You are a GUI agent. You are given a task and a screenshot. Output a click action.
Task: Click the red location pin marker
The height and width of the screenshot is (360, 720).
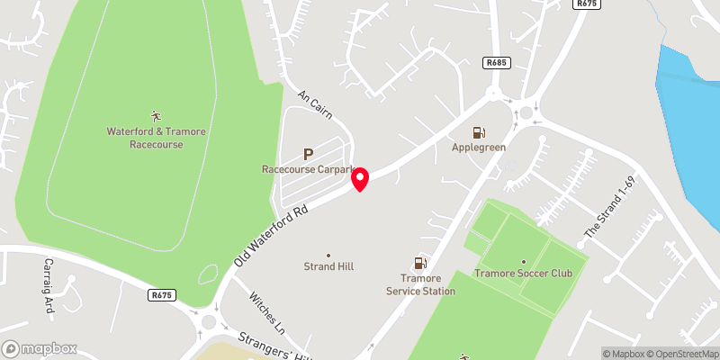pyautogui.click(x=360, y=178)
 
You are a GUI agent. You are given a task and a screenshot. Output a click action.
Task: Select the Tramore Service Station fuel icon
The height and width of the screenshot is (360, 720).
pyautogui.click(x=419, y=264)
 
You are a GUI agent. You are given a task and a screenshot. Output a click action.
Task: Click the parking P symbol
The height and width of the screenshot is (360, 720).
pyautogui.click(x=308, y=154)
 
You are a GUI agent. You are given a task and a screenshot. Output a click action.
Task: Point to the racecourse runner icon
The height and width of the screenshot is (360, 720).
pyautogui.click(x=156, y=115)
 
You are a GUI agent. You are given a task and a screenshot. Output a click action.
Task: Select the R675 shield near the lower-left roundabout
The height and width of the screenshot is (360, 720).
pyautogui.click(x=162, y=294)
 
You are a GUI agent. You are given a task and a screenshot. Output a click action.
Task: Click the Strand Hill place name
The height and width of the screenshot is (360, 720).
pyautogui.click(x=328, y=266)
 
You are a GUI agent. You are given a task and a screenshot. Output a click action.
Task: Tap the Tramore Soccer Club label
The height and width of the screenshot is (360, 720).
pyautogui.click(x=531, y=273)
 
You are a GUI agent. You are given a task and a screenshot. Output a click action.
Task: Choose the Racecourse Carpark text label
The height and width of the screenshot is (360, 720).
pyautogui.click(x=309, y=169)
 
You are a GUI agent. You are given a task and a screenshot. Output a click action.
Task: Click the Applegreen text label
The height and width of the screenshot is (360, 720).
pyautogui.click(x=479, y=147)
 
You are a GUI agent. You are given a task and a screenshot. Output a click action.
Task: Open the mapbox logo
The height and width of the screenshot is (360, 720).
pyautogui.click(x=40, y=348)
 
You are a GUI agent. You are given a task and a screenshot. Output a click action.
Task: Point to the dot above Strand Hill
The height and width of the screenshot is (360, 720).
pyautogui.click(x=328, y=255)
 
